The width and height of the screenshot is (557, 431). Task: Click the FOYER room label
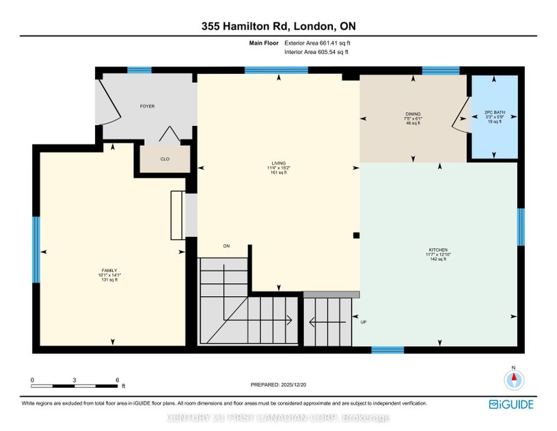pyautogui.click(x=147, y=107)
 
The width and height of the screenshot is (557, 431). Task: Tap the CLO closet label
pyautogui.click(x=165, y=159)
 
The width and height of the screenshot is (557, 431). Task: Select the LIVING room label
pyautogui.click(x=277, y=163)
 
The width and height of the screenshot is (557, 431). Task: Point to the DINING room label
pyautogui.click(x=413, y=114)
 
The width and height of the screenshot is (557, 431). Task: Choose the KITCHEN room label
pyautogui.click(x=437, y=250)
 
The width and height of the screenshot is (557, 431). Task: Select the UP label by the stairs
pyautogui.click(x=364, y=322)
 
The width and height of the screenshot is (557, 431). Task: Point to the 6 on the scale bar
pyautogui.click(x=117, y=380)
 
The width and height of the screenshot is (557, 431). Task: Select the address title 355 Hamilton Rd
pyautogui.click(x=278, y=27)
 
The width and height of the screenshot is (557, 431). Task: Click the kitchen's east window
pyautogui.click(x=521, y=226)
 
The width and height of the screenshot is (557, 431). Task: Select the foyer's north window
pyautogui.click(x=139, y=70)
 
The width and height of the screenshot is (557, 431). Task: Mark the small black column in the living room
pyautogui.click(x=356, y=235)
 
